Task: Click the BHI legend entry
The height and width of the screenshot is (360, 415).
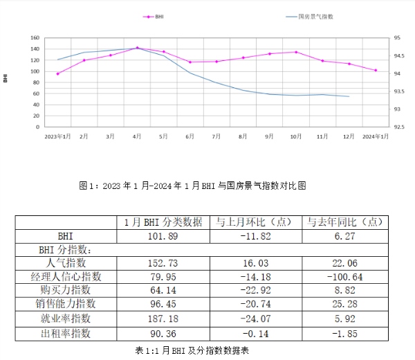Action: click(x=158, y=16)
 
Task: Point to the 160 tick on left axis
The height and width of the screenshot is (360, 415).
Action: click(x=35, y=37)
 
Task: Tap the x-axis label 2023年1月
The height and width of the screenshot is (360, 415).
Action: click(x=58, y=136)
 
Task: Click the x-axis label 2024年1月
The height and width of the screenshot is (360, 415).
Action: click(x=376, y=136)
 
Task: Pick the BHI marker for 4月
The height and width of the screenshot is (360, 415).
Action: click(x=137, y=48)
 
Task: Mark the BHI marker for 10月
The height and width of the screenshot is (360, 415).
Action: click(x=296, y=52)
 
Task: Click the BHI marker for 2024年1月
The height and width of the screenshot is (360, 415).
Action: click(x=376, y=70)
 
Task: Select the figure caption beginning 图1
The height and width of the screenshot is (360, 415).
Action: click(x=192, y=186)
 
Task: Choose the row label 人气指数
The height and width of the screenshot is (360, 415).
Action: click(x=66, y=262)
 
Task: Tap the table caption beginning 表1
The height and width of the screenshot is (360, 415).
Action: click(x=192, y=350)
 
